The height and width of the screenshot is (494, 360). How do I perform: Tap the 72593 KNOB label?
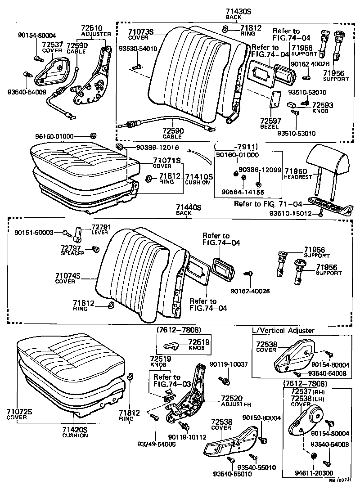coord(322,108)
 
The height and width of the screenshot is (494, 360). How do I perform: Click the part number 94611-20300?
coord(314,473)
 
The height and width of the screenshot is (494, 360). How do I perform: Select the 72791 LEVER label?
coord(101,230)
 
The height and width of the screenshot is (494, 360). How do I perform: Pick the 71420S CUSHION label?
coord(75,432)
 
